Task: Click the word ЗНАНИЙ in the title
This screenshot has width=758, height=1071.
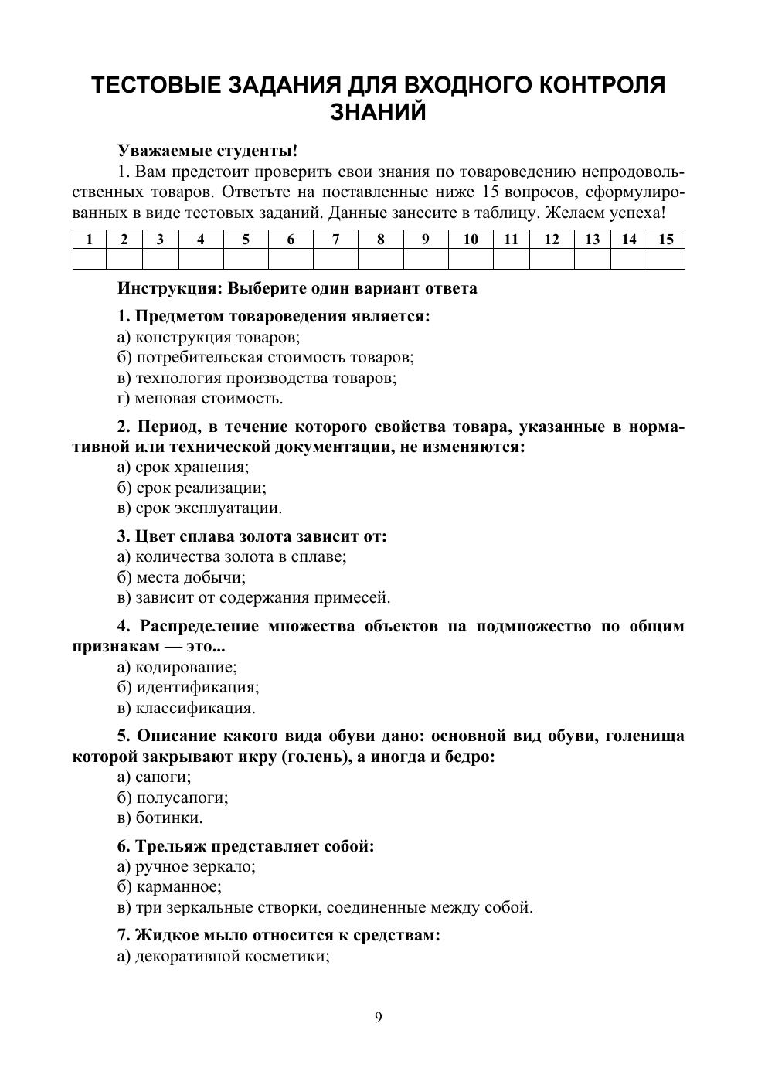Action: pos(378,113)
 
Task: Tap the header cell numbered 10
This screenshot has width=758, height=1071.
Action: pos(470,240)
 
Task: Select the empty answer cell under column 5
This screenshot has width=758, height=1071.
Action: pos(246,259)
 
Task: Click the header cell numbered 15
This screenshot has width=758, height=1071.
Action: pos(665,240)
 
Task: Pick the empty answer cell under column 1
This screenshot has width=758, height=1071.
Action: pos(89,259)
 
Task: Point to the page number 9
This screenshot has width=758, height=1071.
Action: pos(379,1017)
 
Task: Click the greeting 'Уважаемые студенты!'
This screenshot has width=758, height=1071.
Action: pos(207,150)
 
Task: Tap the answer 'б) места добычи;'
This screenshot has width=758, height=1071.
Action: pos(182,577)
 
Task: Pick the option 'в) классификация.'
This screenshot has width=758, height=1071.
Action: pos(186,708)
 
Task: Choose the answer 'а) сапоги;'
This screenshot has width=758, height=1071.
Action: pos(154,777)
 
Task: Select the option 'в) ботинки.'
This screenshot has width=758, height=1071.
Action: pos(160,818)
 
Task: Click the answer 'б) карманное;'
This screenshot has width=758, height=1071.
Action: pos(169,887)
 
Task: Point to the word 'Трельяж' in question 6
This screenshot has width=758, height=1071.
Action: pos(171,846)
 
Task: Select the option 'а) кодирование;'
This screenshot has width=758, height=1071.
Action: pos(177,667)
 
